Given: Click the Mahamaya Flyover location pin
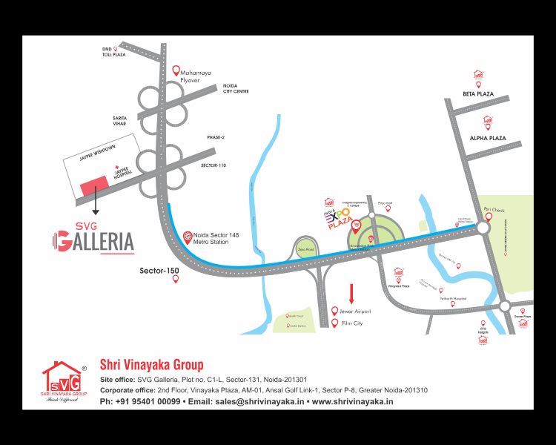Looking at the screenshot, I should click(176, 71).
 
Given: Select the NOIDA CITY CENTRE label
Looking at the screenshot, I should click(236, 89).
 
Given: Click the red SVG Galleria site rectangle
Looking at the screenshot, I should click(93, 186).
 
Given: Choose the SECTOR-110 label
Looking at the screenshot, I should click(214, 165).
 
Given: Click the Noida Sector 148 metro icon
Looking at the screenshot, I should click(188, 237).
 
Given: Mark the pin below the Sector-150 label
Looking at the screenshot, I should click(176, 280).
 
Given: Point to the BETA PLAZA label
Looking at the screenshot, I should click(478, 95).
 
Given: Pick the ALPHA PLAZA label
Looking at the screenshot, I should click(487, 138).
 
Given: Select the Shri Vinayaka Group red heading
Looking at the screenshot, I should click(151, 365).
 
